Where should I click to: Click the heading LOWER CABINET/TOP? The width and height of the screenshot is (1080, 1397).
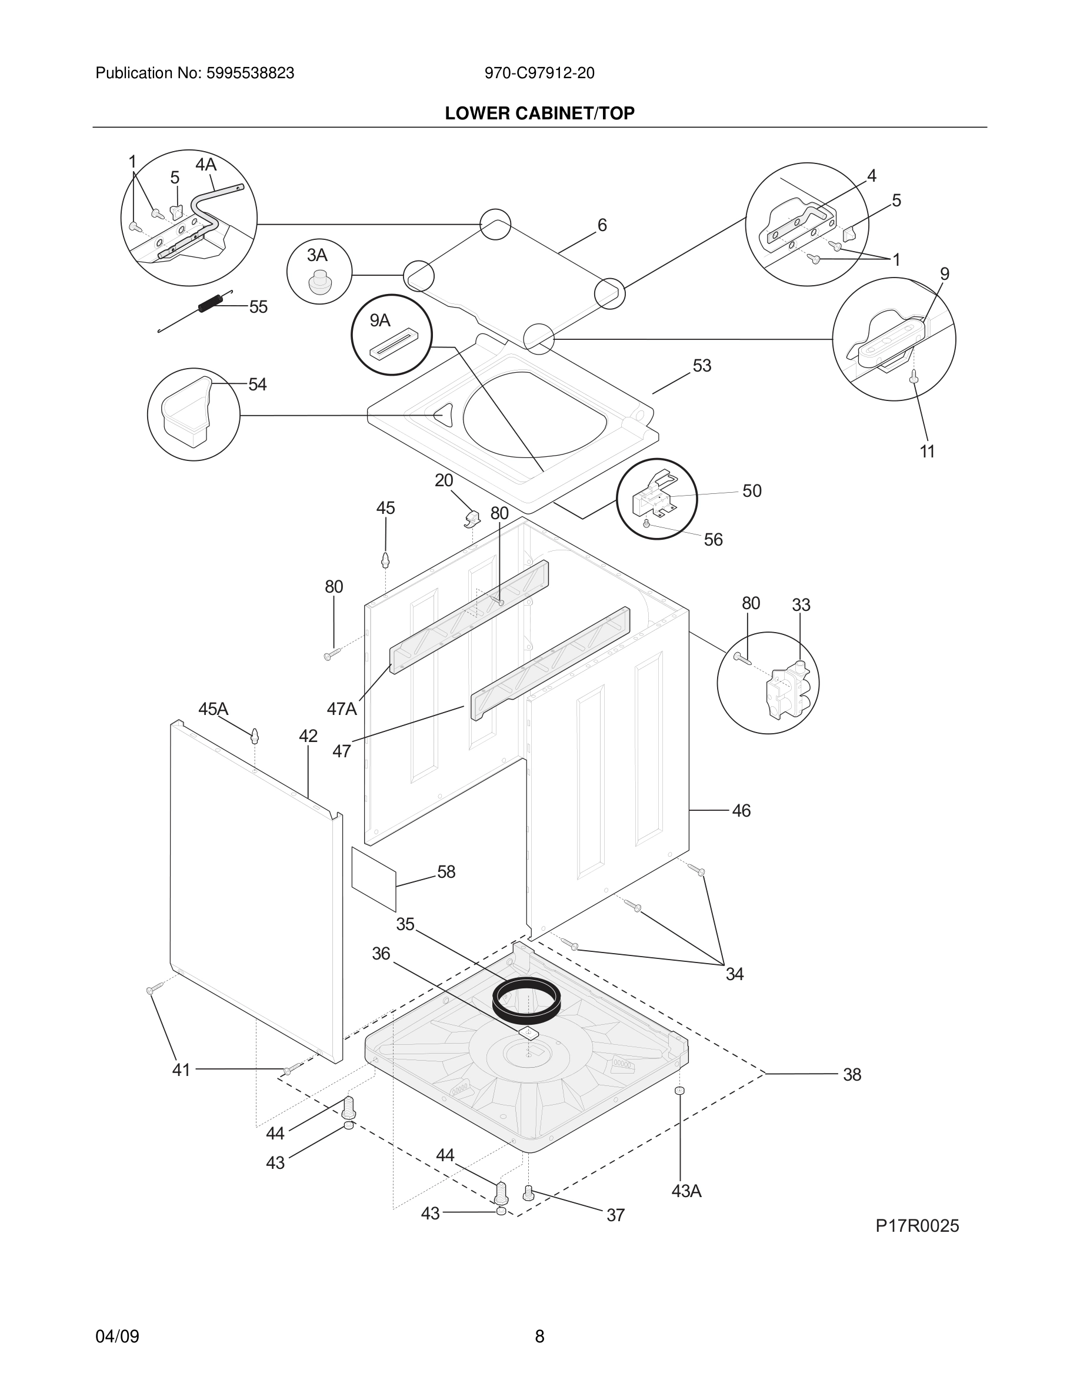pos(539,113)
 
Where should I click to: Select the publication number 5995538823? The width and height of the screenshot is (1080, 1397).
pos(249,73)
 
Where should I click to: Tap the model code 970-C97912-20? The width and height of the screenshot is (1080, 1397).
pos(539,73)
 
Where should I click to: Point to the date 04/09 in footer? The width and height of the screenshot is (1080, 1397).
pos(117,1336)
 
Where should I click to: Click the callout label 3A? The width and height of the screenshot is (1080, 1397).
pos(316,255)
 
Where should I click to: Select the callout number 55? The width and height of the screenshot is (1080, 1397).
pos(258,307)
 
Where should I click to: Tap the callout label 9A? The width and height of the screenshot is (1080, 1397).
pos(379,320)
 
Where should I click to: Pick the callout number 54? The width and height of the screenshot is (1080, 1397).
pos(257,385)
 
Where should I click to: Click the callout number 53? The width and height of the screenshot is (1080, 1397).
pos(702,366)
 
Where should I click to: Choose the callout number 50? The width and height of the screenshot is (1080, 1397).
pos(752,492)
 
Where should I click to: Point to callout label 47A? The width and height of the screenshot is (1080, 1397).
pos(342,708)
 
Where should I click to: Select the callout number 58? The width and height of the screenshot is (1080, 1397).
pos(446,872)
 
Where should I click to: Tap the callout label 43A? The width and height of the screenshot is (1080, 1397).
pos(686,1191)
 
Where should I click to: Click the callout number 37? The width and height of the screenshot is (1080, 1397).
pos(615,1215)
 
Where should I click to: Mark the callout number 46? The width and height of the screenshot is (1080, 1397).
pos(741,811)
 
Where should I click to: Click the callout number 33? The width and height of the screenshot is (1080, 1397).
pos(801,605)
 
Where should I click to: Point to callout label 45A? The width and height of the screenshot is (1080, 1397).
pos(213,708)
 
